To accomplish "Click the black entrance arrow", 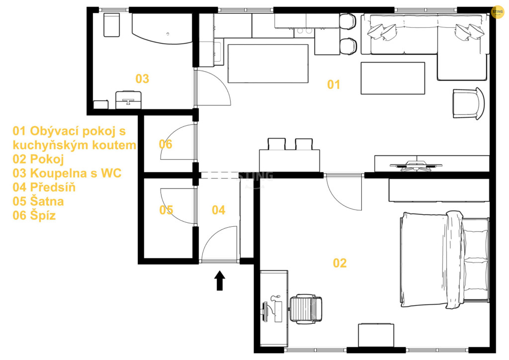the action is (x=220, y=280).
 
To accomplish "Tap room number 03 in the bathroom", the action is (x=142, y=79).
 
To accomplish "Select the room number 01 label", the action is (x=334, y=85).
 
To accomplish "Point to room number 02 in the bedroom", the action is (x=339, y=263).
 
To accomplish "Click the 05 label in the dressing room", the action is (x=166, y=210).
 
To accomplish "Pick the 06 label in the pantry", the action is (x=166, y=144).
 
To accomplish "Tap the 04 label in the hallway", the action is (x=219, y=210).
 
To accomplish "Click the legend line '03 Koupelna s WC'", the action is (x=67, y=173).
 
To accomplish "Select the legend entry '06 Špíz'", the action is (x=34, y=215).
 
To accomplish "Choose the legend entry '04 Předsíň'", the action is (x=44, y=187).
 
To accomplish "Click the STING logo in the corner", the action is (x=498, y=12).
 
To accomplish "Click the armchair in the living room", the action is (x=468, y=103).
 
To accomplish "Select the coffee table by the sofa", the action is (x=393, y=78).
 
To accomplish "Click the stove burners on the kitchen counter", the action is (x=305, y=31).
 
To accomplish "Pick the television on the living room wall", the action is (x=416, y=166).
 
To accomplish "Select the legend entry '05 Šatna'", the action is (x=38, y=201).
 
